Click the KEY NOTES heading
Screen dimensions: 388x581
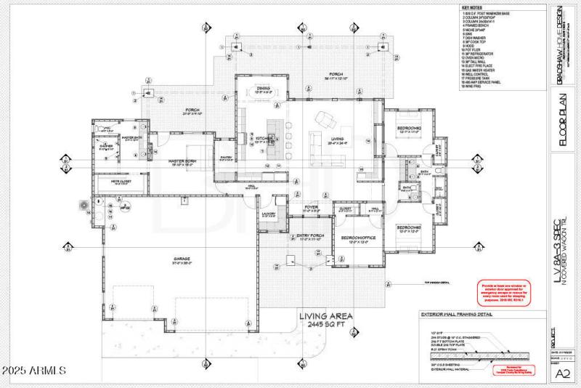click(472, 7)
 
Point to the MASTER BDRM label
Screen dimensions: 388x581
click(184, 162)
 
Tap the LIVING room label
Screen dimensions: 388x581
click(337, 140)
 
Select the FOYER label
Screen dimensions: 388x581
click(312, 209)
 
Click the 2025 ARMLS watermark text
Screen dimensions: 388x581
click(34, 371)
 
